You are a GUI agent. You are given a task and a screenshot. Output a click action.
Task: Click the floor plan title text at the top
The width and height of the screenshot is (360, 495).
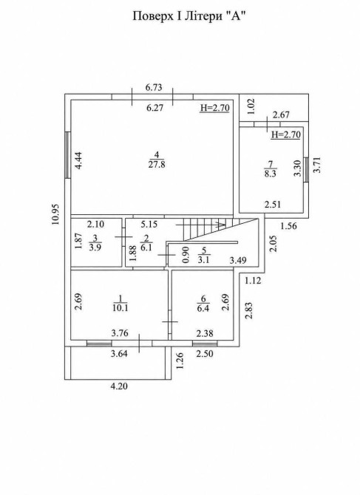pos(189,16)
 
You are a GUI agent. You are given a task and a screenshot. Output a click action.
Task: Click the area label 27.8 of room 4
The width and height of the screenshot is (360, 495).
pos(157,165)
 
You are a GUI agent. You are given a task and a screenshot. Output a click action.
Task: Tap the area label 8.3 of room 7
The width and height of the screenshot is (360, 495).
pos(271,174)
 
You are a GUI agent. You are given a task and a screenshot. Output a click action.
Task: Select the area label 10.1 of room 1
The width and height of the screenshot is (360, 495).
pos(120,307)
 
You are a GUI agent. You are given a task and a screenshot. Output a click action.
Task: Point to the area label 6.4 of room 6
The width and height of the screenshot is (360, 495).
pos(203,308)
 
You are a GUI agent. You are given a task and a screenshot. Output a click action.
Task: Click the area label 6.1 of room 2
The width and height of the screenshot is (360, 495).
pos(146,247)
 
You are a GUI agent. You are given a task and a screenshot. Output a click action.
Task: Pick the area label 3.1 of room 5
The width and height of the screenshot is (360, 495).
pos(203,260)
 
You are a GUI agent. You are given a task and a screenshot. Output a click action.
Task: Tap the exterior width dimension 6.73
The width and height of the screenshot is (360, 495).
pos(154,87)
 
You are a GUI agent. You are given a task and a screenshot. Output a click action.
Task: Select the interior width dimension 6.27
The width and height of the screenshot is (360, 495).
pos(155,108)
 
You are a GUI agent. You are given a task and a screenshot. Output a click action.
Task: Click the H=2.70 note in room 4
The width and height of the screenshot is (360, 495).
pos(214,108)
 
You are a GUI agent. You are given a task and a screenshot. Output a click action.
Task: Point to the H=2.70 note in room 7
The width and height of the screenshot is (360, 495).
pos(286,134)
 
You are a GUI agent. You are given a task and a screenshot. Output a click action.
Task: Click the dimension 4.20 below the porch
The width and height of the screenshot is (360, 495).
pos(119,386)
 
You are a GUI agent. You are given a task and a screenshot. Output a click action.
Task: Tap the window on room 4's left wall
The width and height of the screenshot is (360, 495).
pos(67,155)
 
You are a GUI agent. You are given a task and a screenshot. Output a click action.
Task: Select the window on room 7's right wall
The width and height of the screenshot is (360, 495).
pos(306,169)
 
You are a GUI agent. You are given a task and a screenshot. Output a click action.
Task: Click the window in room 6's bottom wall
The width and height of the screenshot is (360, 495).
pos(205,344)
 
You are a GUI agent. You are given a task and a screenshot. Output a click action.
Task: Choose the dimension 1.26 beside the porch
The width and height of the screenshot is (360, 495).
pos(180,361)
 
